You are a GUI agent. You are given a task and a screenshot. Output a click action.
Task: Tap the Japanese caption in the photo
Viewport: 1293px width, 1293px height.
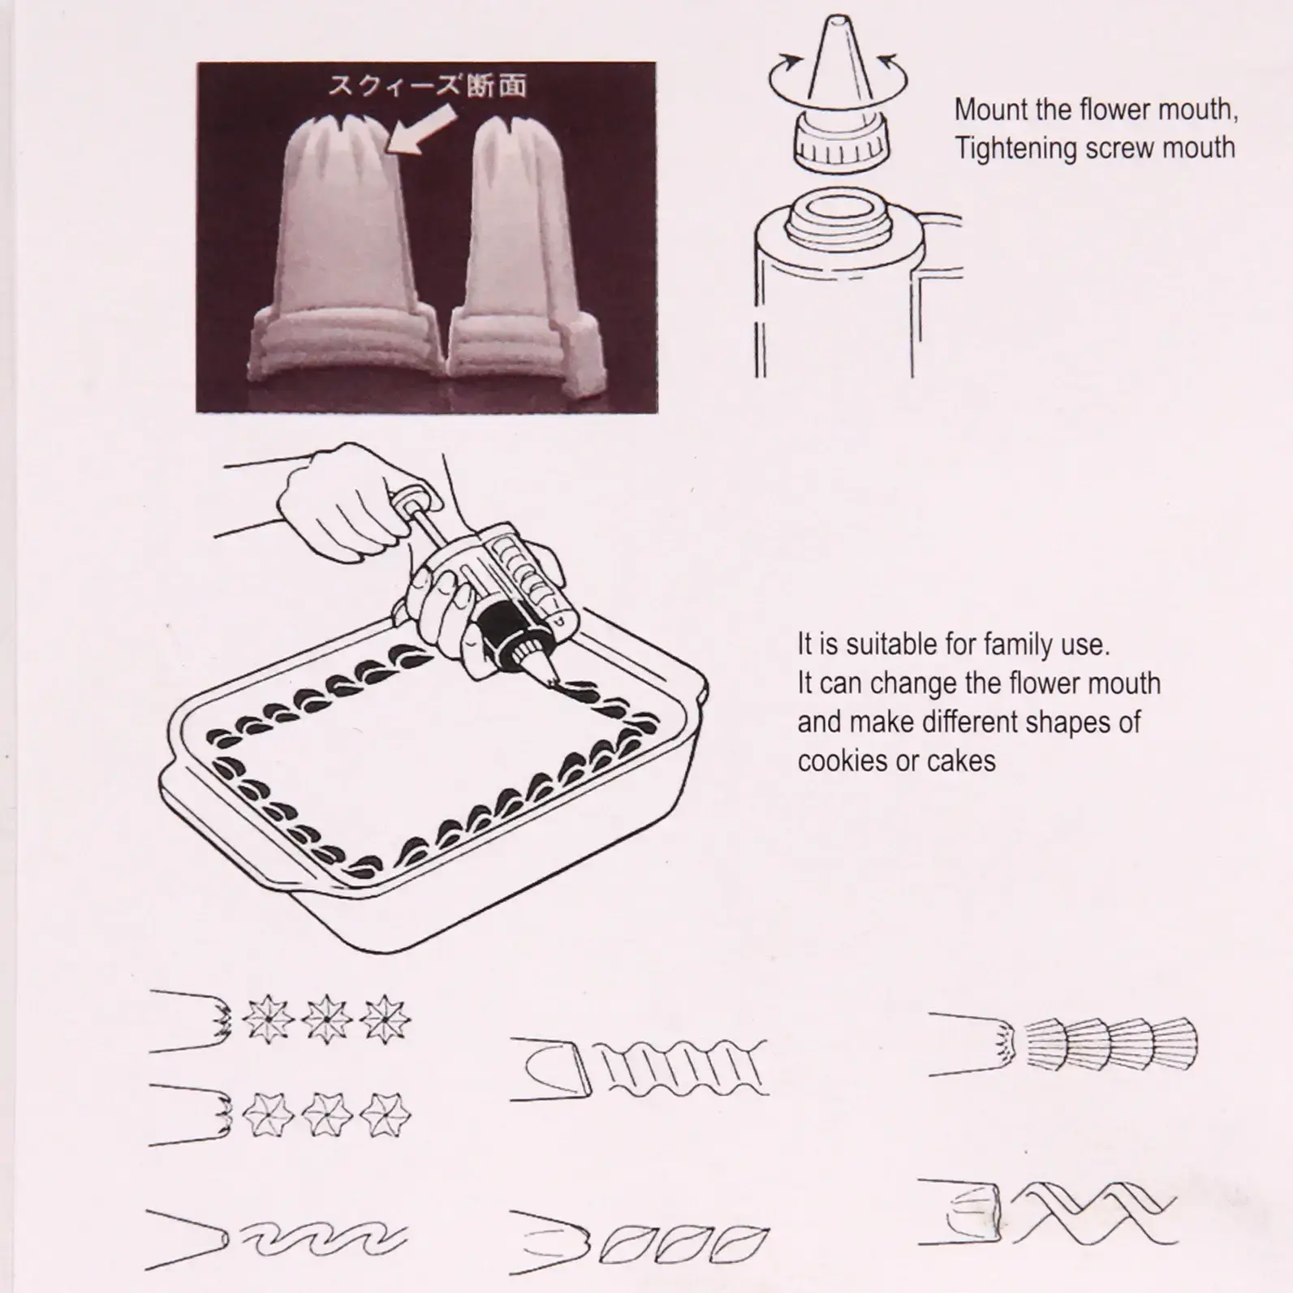(427, 85)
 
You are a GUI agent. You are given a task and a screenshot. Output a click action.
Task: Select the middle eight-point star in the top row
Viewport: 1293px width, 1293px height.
(326, 1019)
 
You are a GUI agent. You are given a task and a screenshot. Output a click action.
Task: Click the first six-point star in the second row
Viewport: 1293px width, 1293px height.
(267, 1114)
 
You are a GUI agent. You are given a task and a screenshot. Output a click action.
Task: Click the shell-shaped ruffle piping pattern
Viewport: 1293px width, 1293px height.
(1111, 1044)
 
